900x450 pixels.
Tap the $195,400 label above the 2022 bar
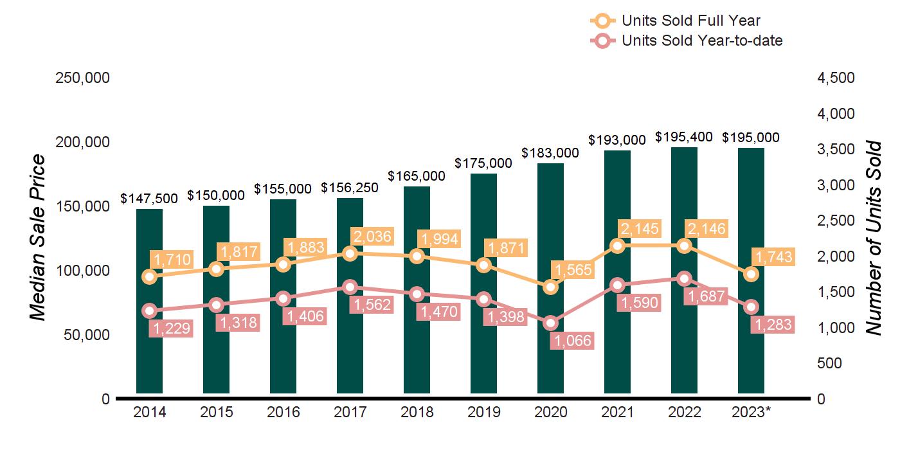coord(684,137)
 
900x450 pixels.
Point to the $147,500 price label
coord(149,199)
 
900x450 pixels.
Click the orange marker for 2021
coord(617,246)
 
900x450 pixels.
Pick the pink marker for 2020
coord(550,323)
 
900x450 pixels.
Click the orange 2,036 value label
coord(371,236)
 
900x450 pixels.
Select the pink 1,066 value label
coord(571,340)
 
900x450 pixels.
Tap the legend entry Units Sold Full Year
coord(691,21)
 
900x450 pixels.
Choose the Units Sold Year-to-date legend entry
coord(702,40)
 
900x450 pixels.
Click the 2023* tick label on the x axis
coord(751,413)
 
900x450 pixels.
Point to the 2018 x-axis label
coord(417,413)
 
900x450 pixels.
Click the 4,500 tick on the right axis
coord(836,78)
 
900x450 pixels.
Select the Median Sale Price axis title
coord(38,238)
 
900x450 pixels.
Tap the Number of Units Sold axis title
coord(873,238)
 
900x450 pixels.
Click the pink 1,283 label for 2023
coord(772,324)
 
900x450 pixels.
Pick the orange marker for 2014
coord(149,276)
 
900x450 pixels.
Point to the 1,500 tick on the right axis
coord(836,292)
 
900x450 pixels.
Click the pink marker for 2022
coord(684,279)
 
